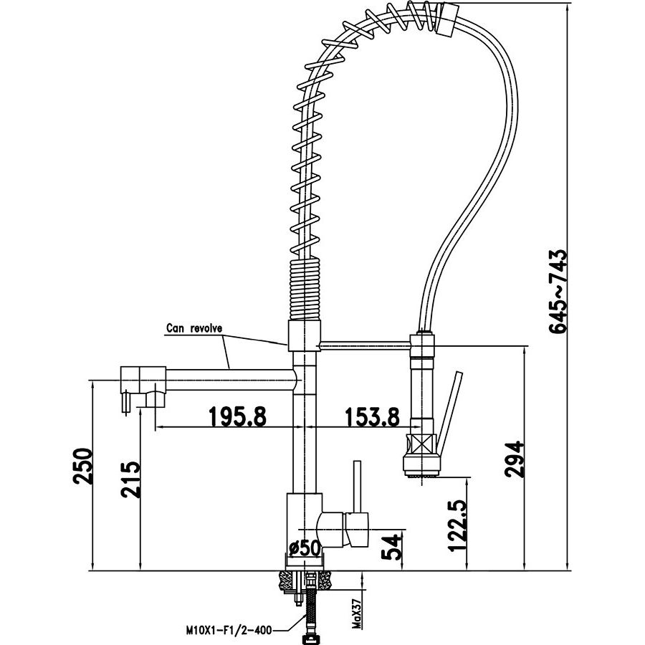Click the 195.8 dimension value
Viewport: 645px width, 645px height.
coord(238,416)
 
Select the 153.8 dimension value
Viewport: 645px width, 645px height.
coord(372,416)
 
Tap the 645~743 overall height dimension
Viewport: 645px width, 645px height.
coord(558,291)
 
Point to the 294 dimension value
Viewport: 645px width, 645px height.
coord(514,459)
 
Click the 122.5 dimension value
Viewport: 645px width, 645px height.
coord(458,525)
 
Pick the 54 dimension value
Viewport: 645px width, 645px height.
coord(391,546)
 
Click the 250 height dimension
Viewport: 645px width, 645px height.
coord(82,466)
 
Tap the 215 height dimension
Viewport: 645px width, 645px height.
coord(130,479)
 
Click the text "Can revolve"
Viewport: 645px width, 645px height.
coord(194,328)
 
